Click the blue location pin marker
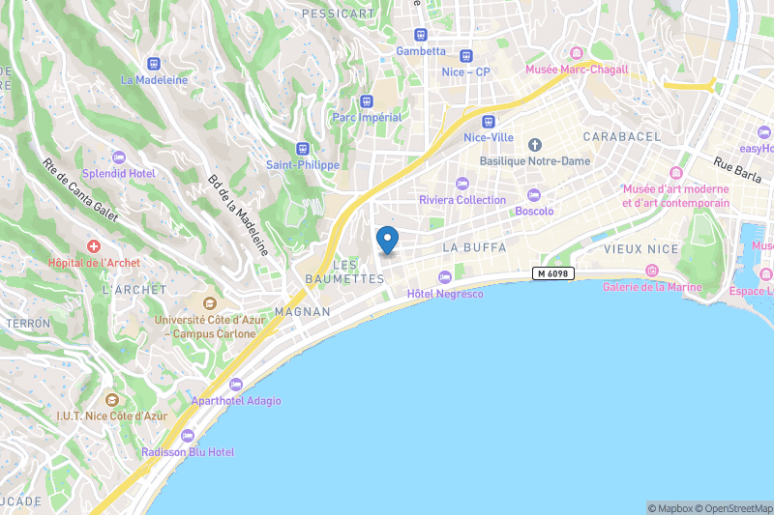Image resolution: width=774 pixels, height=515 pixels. point(387,238)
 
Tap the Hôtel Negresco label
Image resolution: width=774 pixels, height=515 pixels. point(444,293)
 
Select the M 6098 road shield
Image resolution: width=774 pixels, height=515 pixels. point(553,274)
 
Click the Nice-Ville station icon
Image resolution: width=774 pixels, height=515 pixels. point(488,122)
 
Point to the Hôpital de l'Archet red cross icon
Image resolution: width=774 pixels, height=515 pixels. point(94,247)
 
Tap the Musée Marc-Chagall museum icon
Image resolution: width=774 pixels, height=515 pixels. point(577,53)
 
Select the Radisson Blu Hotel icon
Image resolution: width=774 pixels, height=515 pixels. point(188,436)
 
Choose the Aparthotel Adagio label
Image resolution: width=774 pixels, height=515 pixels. point(236,400)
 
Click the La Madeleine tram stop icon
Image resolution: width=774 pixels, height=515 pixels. point(154,64)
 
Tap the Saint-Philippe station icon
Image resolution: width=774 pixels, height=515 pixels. point(303,150)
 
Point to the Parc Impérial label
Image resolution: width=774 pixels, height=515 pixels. point(367,118)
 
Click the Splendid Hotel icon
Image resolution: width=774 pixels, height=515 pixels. point(118,157)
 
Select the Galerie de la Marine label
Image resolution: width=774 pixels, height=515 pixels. point(651,287)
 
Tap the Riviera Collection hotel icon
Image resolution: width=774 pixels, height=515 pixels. point(461,184)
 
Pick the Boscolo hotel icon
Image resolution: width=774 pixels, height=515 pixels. point(534,195)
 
